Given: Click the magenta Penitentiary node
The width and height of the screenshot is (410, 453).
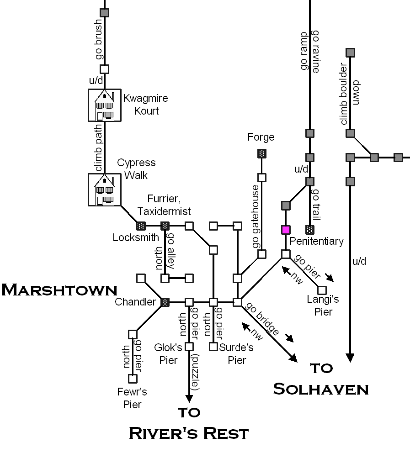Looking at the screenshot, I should click(x=286, y=230).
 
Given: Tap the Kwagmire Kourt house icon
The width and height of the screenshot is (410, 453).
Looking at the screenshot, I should click(x=105, y=105).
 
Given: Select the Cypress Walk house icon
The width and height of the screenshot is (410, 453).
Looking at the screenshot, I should click(x=105, y=190).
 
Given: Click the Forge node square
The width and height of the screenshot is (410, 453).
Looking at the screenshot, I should click(x=262, y=154).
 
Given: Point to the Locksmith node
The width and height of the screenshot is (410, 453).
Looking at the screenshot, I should click(x=141, y=226).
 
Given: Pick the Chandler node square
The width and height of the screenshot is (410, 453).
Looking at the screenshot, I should click(x=165, y=302).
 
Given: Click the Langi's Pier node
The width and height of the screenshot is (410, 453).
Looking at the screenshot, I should click(x=322, y=290).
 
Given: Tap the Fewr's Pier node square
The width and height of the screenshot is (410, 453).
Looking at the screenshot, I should click(x=133, y=379).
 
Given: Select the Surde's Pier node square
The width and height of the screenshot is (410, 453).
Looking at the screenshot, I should click(x=213, y=347).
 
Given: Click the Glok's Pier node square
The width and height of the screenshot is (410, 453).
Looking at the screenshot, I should click(x=189, y=347).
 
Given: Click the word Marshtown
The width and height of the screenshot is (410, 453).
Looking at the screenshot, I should click(x=59, y=290).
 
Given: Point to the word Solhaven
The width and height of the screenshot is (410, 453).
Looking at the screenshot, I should click(x=321, y=389).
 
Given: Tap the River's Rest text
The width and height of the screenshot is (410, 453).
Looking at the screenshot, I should click(x=189, y=432).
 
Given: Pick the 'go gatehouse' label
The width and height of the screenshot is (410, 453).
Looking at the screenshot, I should click(x=256, y=216).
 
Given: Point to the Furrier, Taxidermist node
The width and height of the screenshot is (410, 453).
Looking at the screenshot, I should click(x=165, y=226).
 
